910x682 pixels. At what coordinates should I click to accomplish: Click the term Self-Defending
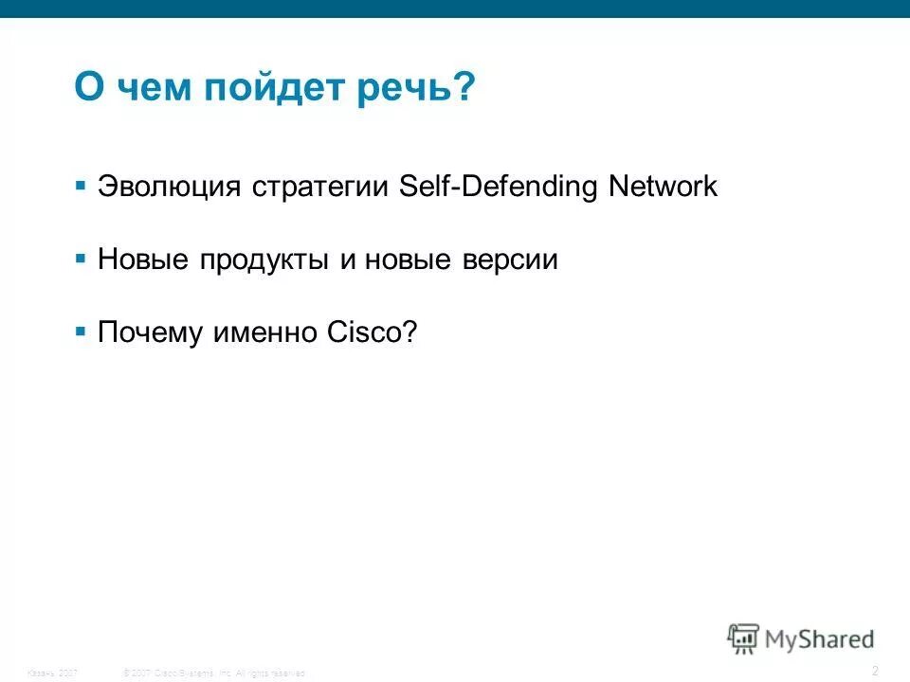coord(499,187)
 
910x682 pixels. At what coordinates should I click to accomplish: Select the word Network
coord(664,187)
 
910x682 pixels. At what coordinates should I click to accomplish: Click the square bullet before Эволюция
coord(81,184)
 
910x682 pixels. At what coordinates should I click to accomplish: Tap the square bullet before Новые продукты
coord(81,258)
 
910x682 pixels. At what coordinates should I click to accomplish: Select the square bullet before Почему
coord(81,332)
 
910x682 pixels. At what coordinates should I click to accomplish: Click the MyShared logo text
coord(821,639)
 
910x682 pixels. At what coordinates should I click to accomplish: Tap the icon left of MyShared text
coord(743,638)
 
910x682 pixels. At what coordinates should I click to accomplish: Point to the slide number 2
coord(875,671)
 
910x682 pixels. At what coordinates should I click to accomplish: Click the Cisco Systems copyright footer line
coord(215,673)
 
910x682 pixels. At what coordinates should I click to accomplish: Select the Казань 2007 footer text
coord(53,673)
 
